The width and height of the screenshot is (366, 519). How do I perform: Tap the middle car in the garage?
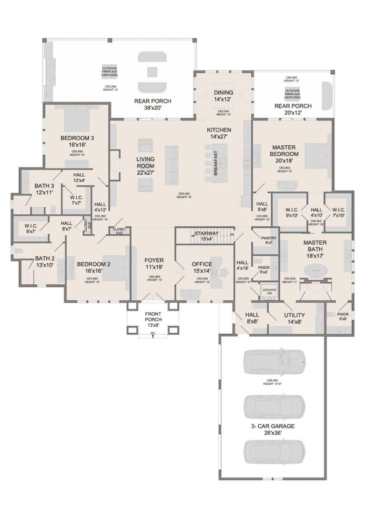pyautogui.click(x=274, y=406)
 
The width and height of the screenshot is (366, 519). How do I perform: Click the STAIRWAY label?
pyautogui.click(x=206, y=233)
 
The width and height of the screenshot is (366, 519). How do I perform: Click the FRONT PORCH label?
pyautogui.click(x=153, y=322)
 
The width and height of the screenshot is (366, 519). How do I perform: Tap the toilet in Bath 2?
pyautogui.click(x=18, y=250)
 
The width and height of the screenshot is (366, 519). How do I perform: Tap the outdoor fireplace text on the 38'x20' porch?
pyautogui.click(x=109, y=71)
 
